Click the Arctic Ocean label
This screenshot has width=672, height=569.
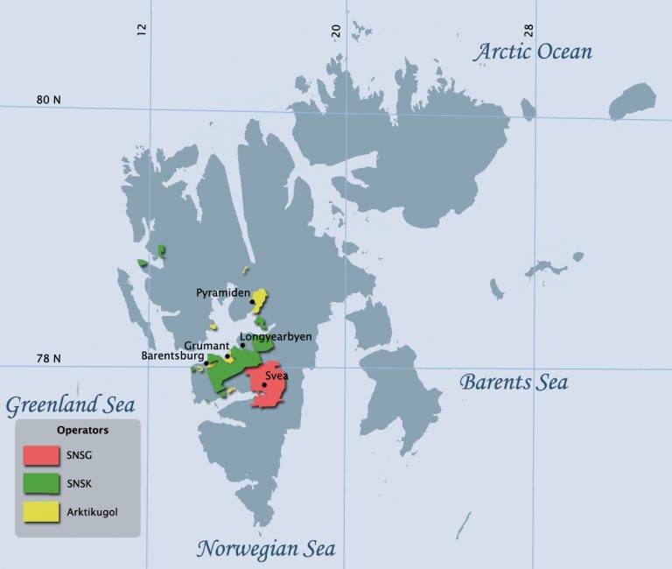tap(533, 52)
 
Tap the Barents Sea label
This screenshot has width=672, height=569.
tap(514, 382)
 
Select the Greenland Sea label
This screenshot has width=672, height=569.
tap(70, 404)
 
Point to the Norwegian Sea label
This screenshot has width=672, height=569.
tap(265, 549)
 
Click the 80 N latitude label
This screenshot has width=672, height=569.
tap(49, 100)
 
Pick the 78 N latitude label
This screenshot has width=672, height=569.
tap(48, 358)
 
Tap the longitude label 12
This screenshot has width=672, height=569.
tap(142, 29)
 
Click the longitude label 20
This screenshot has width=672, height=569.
tap(335, 29)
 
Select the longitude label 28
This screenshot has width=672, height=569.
tap(528, 29)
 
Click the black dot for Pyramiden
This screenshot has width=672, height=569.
tap(253, 302)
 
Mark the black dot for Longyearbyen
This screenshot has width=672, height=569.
tap(243, 345)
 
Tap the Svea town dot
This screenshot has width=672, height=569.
tap(264, 384)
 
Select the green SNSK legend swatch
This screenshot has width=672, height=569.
tap(41, 484)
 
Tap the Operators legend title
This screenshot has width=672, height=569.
tap(82, 431)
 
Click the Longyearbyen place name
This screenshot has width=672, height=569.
tap(281, 336)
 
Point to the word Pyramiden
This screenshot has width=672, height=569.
tap(222, 293)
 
